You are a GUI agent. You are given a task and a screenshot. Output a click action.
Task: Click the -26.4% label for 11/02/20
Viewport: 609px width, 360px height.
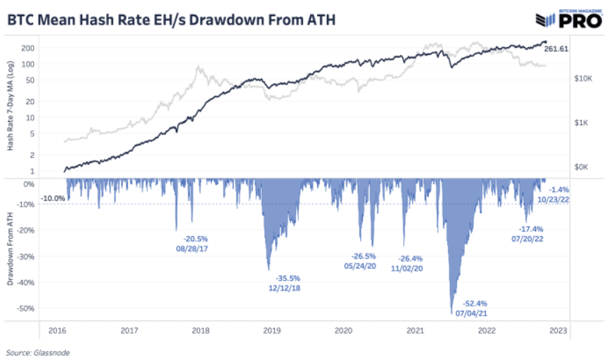point(411,258)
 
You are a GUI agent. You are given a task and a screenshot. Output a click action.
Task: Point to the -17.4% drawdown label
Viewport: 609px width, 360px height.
point(532,229)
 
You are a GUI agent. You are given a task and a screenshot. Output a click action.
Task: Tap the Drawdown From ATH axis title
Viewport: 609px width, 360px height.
point(11,250)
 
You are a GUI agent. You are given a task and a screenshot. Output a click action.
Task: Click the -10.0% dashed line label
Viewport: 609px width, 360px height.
point(53,198)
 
